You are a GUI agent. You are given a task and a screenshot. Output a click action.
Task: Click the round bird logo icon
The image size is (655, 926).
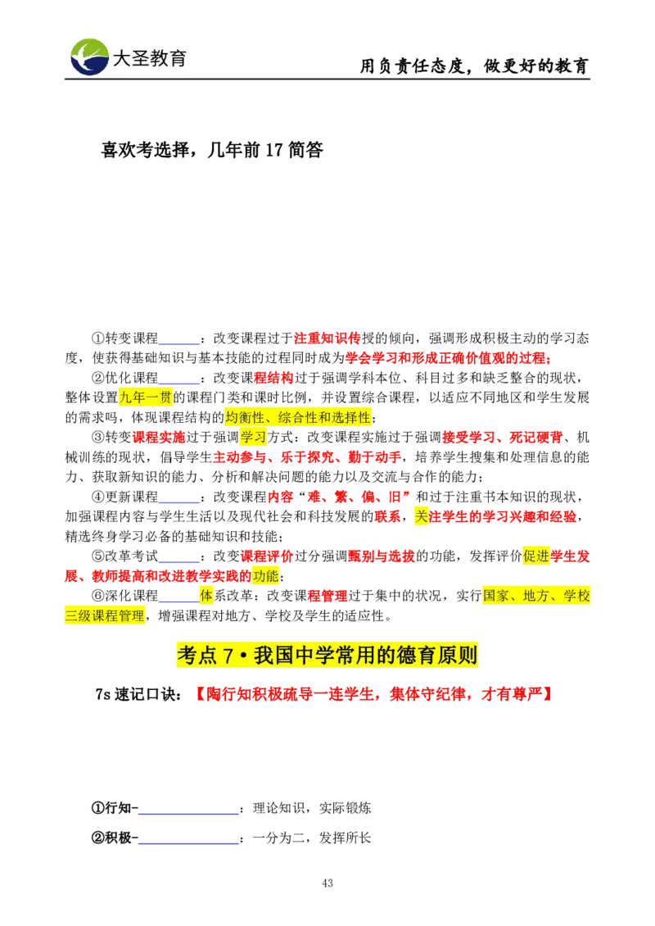point(89,57)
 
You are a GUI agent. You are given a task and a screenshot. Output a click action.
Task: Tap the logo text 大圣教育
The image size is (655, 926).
point(149,58)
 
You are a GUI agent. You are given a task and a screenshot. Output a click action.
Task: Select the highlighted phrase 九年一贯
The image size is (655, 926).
point(146,398)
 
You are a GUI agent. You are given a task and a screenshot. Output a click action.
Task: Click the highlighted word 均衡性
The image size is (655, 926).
point(244,417)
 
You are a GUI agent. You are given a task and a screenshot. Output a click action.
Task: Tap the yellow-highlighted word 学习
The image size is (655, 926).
point(254,438)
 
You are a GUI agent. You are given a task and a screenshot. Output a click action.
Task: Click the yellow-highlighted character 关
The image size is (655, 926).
point(422,516)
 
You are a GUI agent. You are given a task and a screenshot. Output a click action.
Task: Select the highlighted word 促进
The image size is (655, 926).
point(537,556)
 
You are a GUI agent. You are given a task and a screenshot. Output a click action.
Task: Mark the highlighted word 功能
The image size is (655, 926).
point(266,576)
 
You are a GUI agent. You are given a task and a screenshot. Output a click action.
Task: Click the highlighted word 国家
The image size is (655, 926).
point(496,596)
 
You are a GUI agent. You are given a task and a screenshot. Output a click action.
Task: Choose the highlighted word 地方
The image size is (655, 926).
point(536,596)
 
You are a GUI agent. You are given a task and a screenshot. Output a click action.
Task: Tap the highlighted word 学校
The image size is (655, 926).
point(576,596)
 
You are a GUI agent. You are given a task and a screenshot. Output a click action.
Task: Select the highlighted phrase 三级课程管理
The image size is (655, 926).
point(104,616)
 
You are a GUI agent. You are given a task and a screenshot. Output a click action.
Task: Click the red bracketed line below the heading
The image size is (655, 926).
point(375,694)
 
